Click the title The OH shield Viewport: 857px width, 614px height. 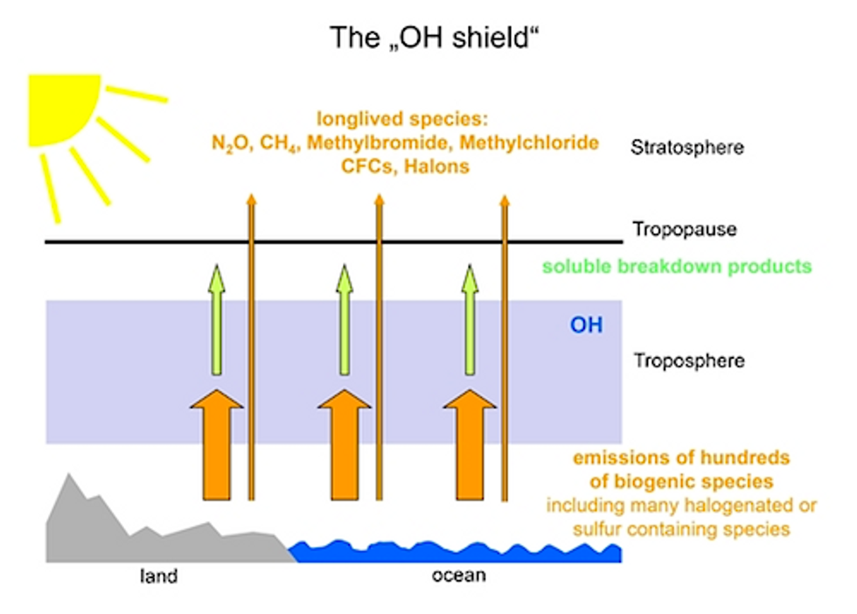coord(435,38)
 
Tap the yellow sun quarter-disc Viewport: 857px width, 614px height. coord(60,107)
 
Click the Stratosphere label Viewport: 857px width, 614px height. coord(687,147)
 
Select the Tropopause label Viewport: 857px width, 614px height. coord(684,229)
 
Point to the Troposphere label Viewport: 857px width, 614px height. coord(689,360)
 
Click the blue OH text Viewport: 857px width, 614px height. coord(587,324)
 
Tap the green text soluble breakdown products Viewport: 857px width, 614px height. coord(677,266)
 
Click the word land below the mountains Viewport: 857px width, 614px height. coord(158,576)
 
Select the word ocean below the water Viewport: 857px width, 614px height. coord(458,576)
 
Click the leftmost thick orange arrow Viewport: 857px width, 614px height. coord(217,445)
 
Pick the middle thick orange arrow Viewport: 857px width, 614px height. coord(345,445)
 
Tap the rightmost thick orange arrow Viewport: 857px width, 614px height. coord(470,445)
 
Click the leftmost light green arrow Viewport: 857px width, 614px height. coord(217,320)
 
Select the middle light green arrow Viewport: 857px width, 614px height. coord(345,320)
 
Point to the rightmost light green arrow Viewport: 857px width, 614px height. coord(470,320)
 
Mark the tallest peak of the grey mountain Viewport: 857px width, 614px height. coord(68,475)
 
